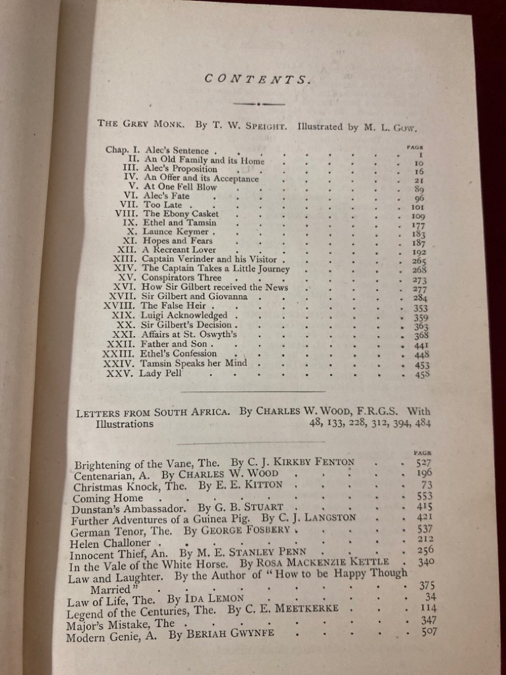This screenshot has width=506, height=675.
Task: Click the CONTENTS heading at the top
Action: point(258,79)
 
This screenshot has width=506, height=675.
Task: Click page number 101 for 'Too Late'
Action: point(418,206)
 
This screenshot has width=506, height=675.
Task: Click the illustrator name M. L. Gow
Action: point(392,126)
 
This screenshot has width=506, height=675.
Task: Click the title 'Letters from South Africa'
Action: point(154,413)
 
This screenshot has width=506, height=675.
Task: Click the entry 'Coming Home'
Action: point(108,498)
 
